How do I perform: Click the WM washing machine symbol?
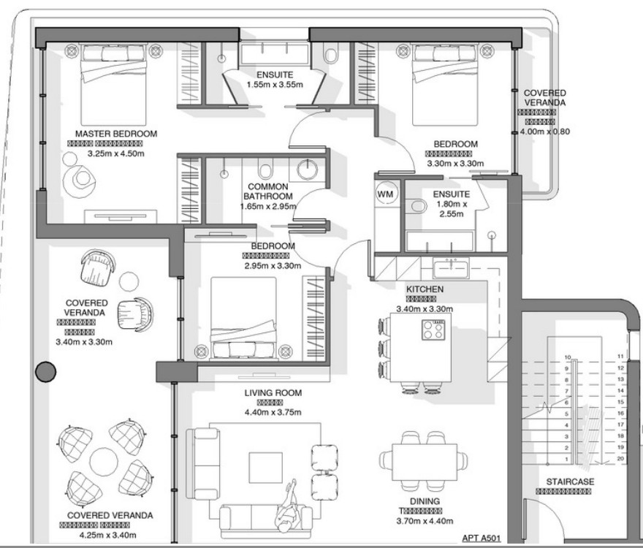[386, 194]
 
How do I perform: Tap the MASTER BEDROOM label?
[116, 134]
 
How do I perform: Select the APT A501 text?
[482, 539]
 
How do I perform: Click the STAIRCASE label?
[570, 482]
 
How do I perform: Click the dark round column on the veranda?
[46, 372]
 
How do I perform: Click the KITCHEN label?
[425, 290]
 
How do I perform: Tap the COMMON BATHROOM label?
[268, 191]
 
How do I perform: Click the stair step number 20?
[620, 458]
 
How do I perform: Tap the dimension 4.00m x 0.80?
[544, 132]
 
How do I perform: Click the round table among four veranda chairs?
[104, 460]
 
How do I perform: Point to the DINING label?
[425, 501]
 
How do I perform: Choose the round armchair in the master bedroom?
[81, 178]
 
